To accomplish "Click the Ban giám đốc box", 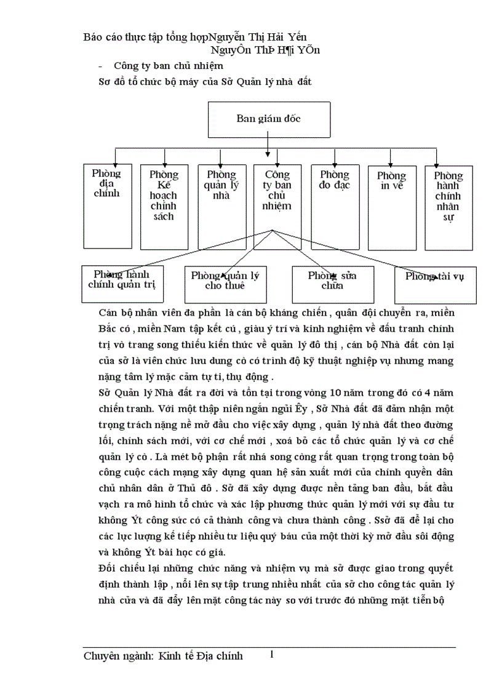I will [269, 119].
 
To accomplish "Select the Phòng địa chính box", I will [106, 206].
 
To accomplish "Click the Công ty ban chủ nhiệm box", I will [277, 197].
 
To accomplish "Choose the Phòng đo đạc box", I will [334, 206].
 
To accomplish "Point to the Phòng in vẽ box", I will [392, 206].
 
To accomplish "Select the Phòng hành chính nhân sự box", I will [448, 207].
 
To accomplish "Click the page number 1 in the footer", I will [271, 655].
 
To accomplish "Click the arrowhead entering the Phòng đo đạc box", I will [324, 162].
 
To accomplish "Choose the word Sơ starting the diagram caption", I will [106, 80].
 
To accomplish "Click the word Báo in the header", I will [94, 37].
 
